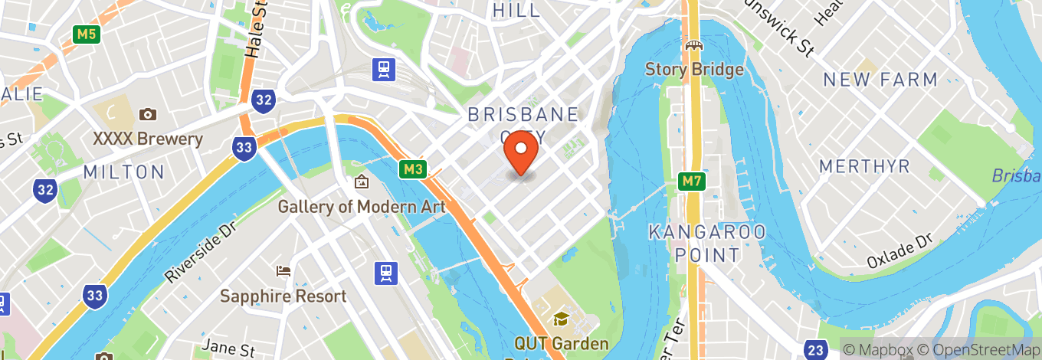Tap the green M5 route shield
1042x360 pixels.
point(86,34)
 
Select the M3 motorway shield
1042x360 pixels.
point(411,169)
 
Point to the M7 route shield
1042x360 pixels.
point(692,182)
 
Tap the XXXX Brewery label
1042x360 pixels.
point(148,139)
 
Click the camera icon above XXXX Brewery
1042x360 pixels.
point(148,114)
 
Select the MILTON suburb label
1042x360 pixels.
point(124,172)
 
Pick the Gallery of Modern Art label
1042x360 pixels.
point(362,207)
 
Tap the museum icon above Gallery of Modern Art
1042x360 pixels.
point(362,182)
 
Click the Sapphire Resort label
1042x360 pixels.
point(283,296)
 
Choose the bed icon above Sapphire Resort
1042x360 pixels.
point(283,271)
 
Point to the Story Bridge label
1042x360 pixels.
point(694,70)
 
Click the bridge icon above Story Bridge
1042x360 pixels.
point(694,47)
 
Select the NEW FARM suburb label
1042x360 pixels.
point(880,80)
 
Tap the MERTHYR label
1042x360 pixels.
point(864,167)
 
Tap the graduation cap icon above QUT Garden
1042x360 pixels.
point(562,318)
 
